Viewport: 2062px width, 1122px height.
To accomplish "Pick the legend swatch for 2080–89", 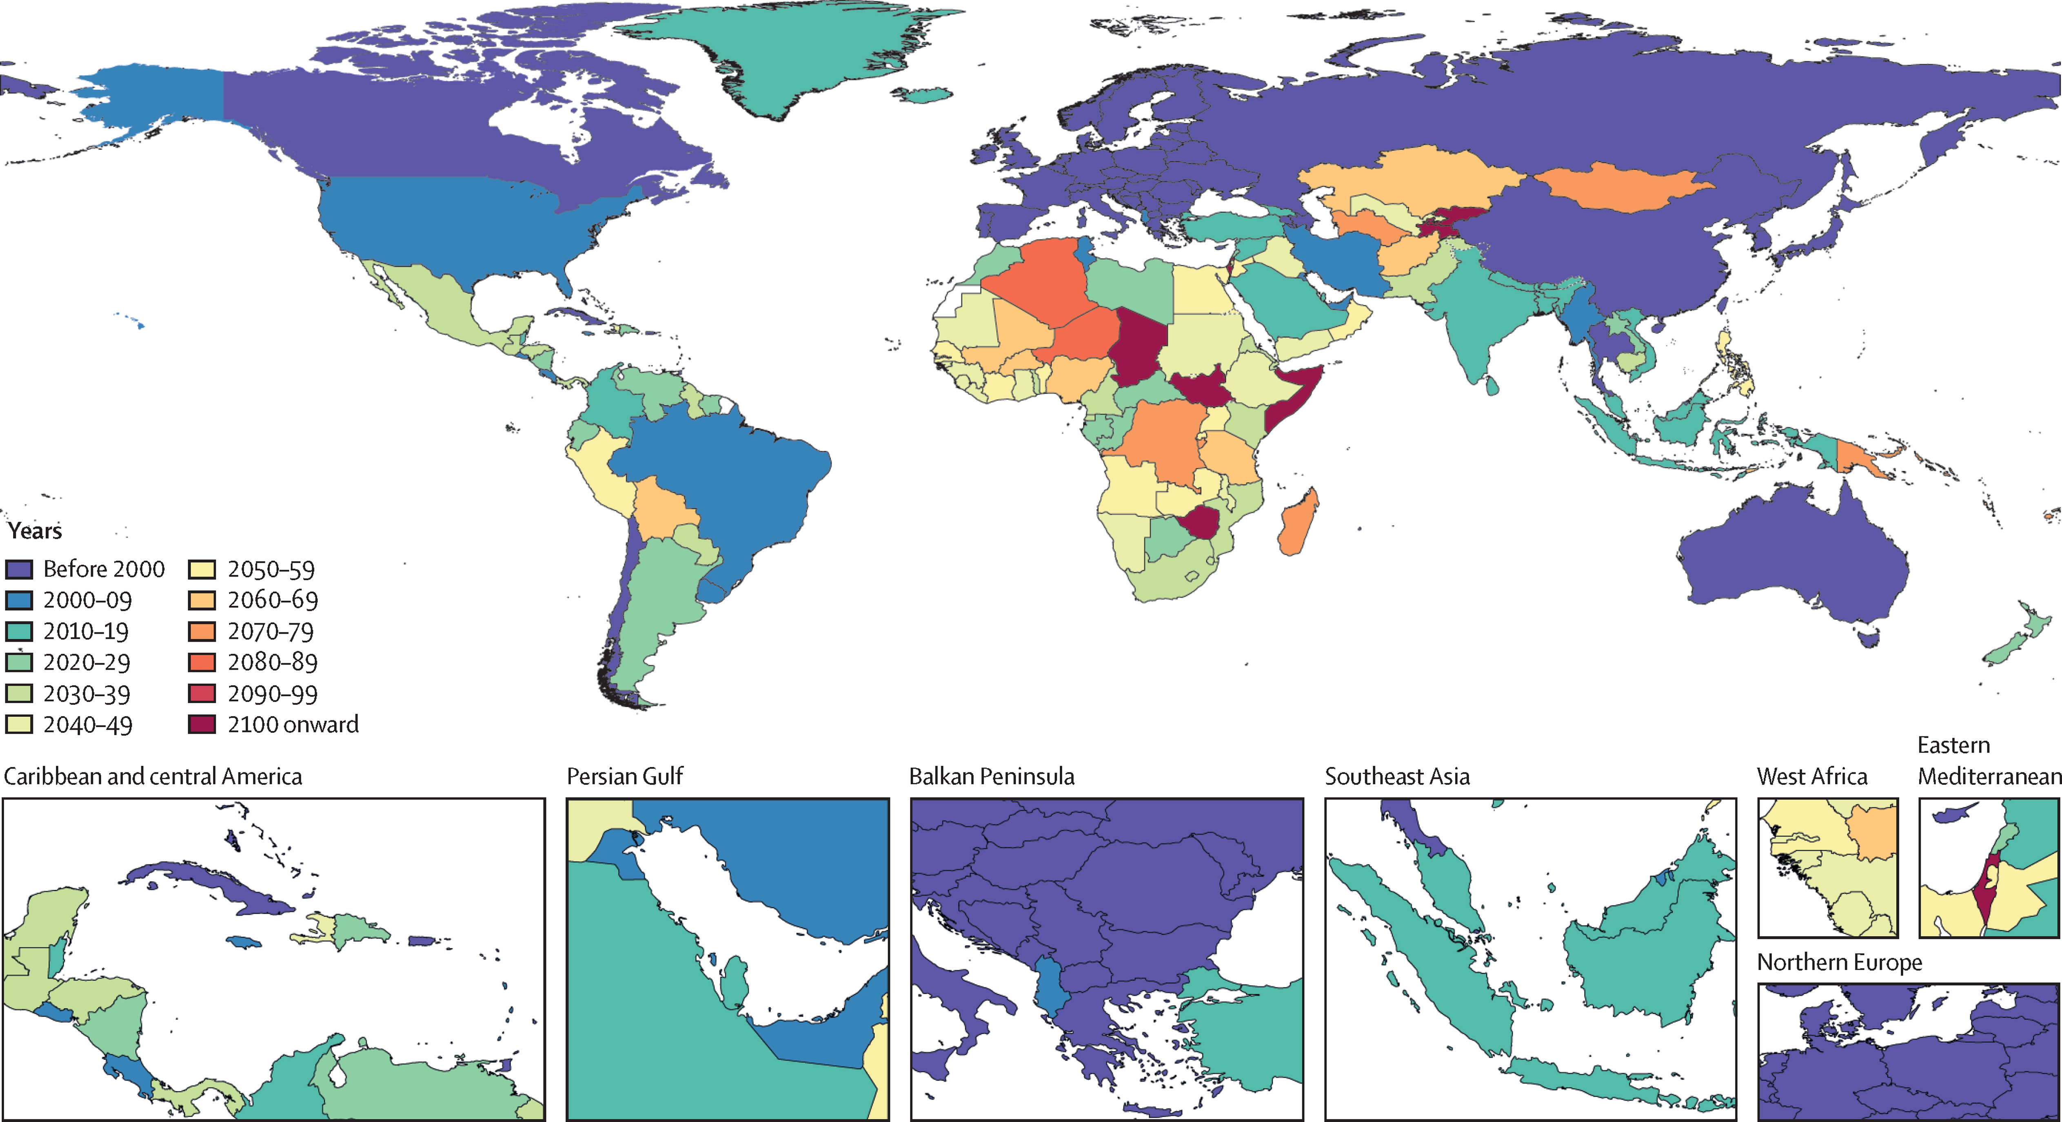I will tap(202, 662).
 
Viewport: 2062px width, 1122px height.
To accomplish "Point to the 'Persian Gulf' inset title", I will tap(624, 776).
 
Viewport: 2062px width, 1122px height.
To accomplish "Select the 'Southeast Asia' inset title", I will tap(1397, 776).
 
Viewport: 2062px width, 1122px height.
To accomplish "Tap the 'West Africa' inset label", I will tap(1811, 776).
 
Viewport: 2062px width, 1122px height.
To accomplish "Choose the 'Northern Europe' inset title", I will tap(1839, 962).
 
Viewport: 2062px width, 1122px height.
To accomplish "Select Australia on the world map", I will tap(1793, 561).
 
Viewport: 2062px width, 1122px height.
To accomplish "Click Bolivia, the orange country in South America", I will tap(664, 509).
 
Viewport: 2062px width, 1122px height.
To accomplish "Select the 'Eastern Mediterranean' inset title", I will tap(1989, 761).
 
